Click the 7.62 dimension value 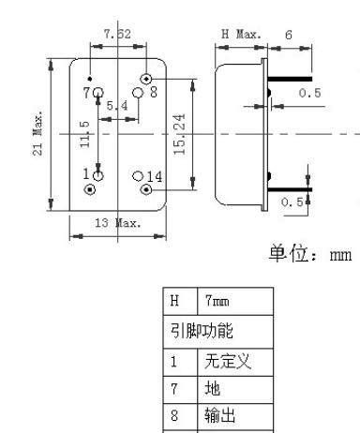117,35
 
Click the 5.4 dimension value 117,107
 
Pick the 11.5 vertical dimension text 85,134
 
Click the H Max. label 240,35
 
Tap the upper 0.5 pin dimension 309,94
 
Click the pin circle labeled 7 97,92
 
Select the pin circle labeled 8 138,93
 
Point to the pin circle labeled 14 138,175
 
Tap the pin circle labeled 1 97,174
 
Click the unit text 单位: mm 308,255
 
